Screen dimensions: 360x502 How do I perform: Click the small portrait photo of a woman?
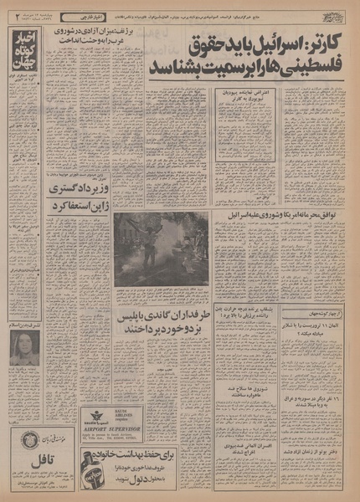[25, 347]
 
